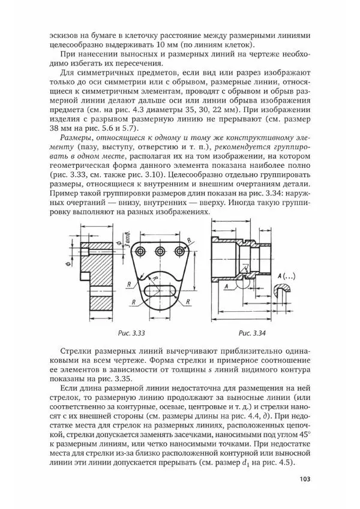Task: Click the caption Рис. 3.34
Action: click(x=252, y=333)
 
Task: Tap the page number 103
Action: click(x=304, y=478)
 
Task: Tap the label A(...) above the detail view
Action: click(x=286, y=275)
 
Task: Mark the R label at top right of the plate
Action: click(x=190, y=240)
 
